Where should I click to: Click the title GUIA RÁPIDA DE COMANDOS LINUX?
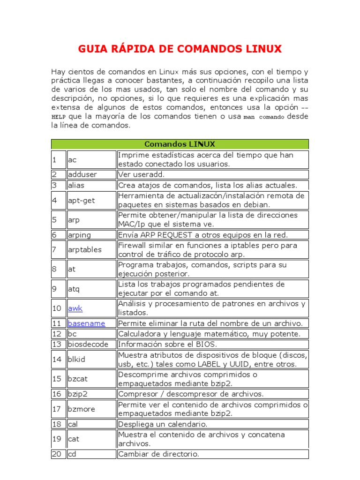pyautogui.click(x=180, y=49)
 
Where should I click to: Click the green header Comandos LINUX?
pyautogui.click(x=180, y=144)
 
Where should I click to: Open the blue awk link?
pyautogui.click(x=75, y=308)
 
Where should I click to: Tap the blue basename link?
pyautogui.click(x=86, y=323)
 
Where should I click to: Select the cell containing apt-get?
pyautogui.click(x=81, y=200)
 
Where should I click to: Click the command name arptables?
pyautogui.click(x=84, y=249)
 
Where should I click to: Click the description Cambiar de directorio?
pyautogui.click(x=158, y=454)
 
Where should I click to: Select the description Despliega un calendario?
pyautogui.click(x=162, y=424)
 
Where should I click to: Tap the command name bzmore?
pyautogui.click(x=81, y=409)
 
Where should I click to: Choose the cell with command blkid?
pyautogui.click(x=76, y=359)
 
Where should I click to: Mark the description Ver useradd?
pyautogui.click(x=139, y=174)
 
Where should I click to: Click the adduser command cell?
pyautogui.click(x=82, y=174)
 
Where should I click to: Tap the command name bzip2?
pyautogui.click(x=78, y=394)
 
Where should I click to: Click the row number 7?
pyautogui.click(x=54, y=249)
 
